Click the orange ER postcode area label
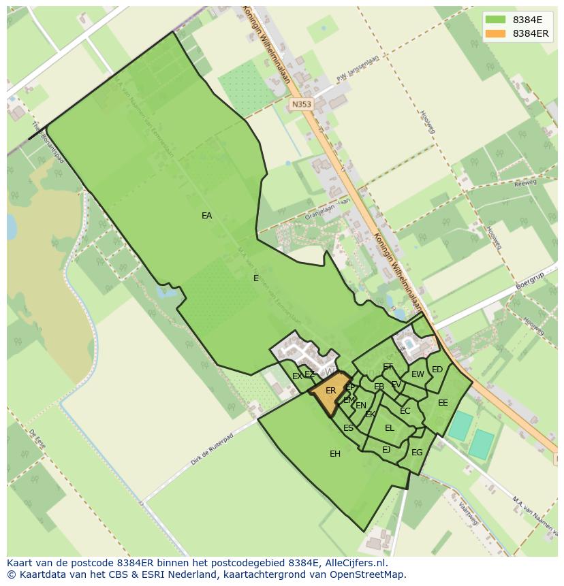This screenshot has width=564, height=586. pos(330,391)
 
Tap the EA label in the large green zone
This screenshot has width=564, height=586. pos(206,216)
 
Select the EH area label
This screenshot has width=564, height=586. pos(335,454)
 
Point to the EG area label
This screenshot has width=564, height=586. pos(417,453)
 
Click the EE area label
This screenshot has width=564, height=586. pos(443,403)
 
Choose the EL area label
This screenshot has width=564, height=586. pos(390,428)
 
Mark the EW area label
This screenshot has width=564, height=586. pos(418,374)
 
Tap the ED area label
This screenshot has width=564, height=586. pos(437,370)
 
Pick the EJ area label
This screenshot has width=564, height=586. pos(386,449)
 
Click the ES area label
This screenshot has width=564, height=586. pos(348,428)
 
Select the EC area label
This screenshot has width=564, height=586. pos(405,411)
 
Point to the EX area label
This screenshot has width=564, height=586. pos(297,376)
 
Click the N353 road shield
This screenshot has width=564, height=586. pos(300,104)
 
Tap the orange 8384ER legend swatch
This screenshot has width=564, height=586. pos(496,33)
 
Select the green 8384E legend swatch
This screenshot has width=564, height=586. pos(496,20)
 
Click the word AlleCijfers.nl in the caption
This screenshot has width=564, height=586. pos(354,564)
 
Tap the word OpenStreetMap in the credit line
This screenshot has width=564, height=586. pos(369,574)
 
